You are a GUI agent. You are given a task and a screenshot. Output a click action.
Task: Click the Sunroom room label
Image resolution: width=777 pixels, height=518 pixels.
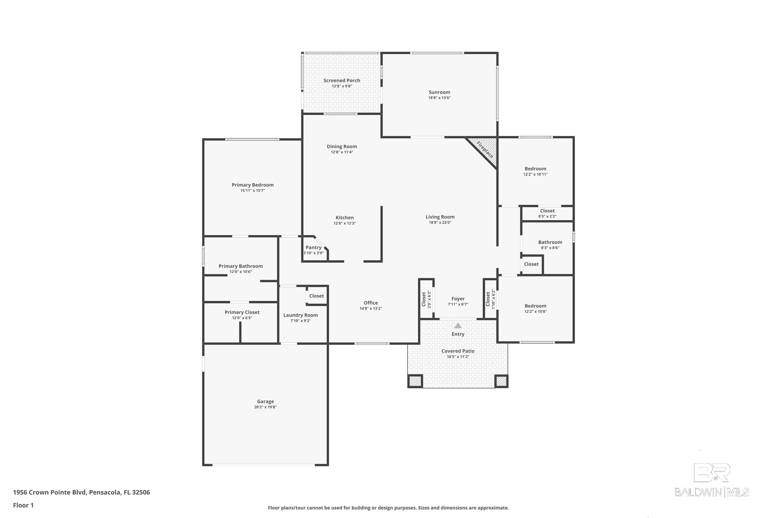(x=439, y=92)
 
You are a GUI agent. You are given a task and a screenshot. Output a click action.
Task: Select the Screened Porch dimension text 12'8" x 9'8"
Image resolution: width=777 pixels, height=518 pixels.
(x=342, y=86)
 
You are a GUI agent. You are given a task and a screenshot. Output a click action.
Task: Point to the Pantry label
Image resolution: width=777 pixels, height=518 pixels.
(x=313, y=247)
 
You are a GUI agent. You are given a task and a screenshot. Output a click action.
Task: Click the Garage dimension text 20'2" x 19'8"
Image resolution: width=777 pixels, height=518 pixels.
(x=265, y=407)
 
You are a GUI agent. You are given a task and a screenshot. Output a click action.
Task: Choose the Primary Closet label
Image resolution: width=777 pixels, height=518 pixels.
(x=242, y=312)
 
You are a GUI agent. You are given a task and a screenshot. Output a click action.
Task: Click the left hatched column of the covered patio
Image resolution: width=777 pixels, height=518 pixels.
(x=415, y=381)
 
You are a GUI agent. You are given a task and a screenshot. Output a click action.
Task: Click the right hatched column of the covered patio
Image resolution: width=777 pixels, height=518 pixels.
(x=501, y=381)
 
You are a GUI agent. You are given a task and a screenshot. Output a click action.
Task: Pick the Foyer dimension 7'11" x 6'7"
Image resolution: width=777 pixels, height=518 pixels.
(x=458, y=304)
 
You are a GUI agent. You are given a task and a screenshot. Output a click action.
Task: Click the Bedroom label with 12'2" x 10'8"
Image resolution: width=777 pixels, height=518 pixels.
(x=535, y=306)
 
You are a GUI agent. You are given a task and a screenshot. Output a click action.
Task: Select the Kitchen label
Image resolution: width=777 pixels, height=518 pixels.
(x=344, y=218)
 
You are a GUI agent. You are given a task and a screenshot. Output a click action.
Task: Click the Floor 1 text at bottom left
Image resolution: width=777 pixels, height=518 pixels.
(x=23, y=505)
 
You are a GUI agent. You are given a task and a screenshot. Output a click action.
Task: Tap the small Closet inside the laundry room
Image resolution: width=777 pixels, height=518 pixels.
(x=316, y=296)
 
